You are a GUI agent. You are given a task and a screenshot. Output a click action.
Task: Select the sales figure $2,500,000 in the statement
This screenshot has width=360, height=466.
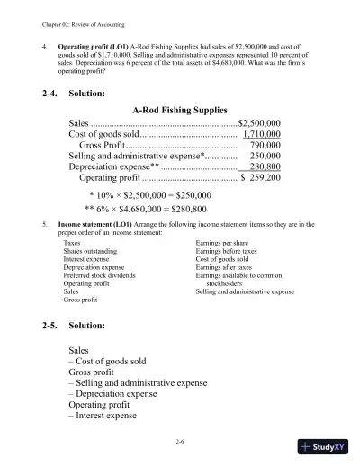[x=259, y=123]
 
